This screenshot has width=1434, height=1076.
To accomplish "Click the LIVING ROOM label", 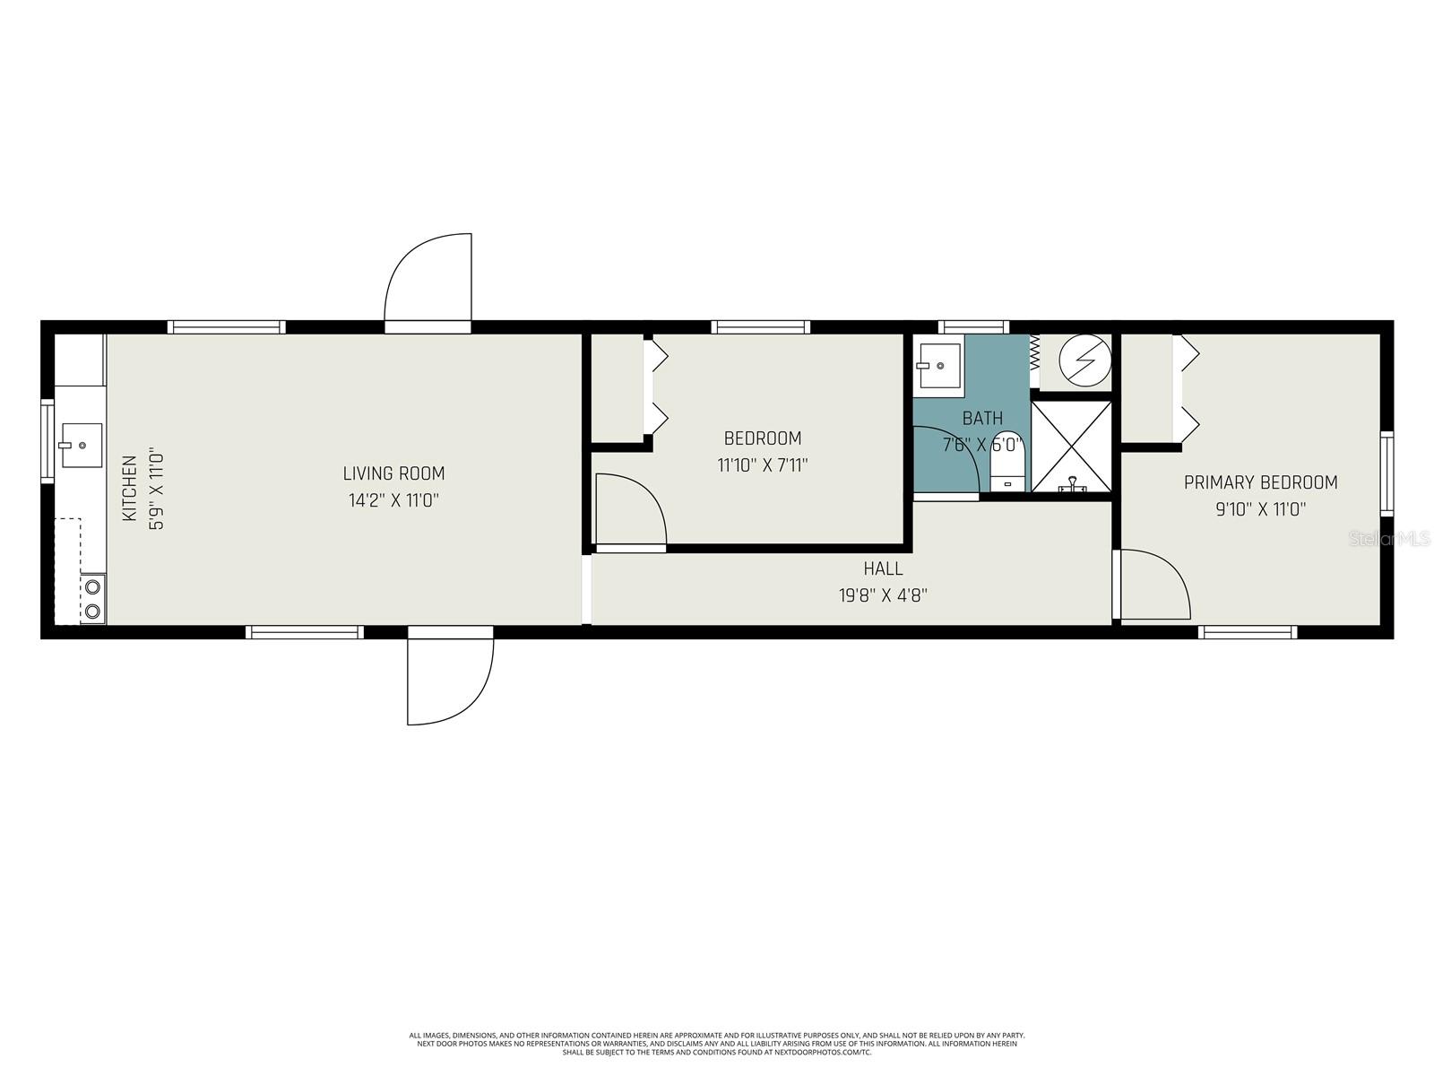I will point(393,473).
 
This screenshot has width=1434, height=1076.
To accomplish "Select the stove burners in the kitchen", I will point(91,600).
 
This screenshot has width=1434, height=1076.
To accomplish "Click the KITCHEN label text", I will point(130,489).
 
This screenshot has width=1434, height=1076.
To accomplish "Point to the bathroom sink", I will point(938,366).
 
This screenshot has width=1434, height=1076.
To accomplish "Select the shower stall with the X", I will point(1071,447).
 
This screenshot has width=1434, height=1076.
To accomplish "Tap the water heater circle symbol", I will point(1084,361).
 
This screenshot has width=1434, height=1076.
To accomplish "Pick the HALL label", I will point(883,568).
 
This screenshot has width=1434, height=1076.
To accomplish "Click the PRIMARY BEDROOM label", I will point(1260,482).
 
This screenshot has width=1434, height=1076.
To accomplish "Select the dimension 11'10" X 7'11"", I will point(763,465).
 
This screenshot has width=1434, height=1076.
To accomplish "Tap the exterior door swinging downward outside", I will point(448,677).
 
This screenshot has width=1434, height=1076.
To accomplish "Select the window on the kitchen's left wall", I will point(48,441).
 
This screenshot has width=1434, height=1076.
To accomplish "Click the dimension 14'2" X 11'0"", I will point(393,500).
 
